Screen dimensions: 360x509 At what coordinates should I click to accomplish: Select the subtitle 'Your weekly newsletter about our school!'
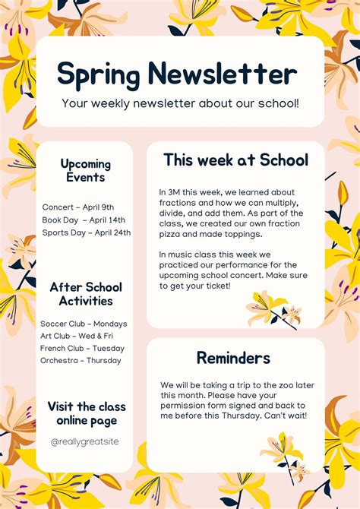click(x=180, y=102)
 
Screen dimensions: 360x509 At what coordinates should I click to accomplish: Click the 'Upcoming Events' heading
click(x=86, y=171)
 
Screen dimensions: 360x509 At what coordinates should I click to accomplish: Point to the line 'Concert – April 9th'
click(x=78, y=207)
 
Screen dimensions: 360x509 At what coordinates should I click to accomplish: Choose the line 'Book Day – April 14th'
click(x=84, y=220)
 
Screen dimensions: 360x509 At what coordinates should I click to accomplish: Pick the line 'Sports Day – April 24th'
click(x=87, y=232)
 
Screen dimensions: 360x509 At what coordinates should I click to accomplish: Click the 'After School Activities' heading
click(x=86, y=294)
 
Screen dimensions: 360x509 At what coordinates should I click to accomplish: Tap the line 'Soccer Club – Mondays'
click(x=84, y=324)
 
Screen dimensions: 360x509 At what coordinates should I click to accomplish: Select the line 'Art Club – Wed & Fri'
click(x=77, y=336)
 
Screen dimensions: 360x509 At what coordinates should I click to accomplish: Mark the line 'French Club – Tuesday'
click(x=82, y=348)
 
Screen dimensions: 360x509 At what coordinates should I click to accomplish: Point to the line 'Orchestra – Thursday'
click(x=81, y=360)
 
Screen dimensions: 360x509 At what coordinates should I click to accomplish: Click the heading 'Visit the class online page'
click(x=86, y=413)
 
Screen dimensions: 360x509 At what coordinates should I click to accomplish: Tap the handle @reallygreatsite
click(x=85, y=441)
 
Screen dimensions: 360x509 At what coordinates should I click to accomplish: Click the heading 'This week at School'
click(x=235, y=160)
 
